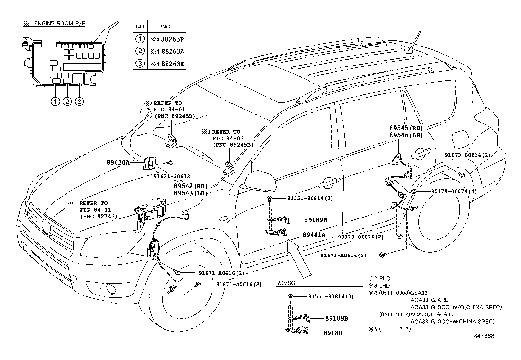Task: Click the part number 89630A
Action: (x=118, y=162)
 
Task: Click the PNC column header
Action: (x=164, y=27)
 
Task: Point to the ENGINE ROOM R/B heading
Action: (x=54, y=24)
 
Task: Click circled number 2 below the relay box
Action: (x=67, y=102)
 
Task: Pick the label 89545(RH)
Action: (x=406, y=128)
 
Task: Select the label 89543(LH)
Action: (x=191, y=193)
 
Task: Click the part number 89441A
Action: (x=314, y=235)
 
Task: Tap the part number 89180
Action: (x=333, y=333)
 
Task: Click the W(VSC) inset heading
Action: (x=287, y=283)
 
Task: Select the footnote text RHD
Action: (x=385, y=279)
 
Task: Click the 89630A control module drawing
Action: (x=149, y=163)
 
